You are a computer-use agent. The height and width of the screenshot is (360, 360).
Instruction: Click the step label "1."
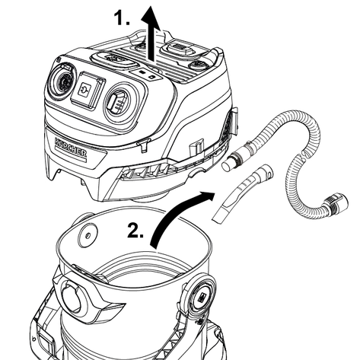[x=122, y=18]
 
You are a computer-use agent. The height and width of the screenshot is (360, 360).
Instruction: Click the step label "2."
[x=135, y=231]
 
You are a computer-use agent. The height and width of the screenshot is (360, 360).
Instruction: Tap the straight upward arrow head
[x=150, y=17]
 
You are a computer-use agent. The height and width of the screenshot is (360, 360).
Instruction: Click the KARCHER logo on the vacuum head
[x=71, y=147]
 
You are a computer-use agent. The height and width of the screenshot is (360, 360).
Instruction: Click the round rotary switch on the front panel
[x=63, y=81]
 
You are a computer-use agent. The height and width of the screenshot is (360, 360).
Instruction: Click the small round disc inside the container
[x=88, y=235]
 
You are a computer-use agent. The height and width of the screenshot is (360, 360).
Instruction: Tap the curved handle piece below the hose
[x=242, y=194]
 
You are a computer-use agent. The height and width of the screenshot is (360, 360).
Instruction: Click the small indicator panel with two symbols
[x=146, y=74]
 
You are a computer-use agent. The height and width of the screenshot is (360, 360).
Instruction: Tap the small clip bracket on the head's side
[x=196, y=147]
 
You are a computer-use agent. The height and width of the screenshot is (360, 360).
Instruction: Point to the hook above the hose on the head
[x=234, y=120]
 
